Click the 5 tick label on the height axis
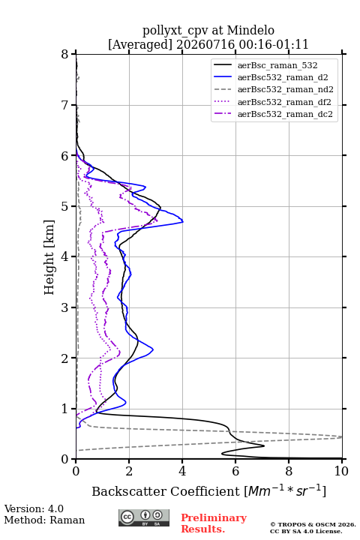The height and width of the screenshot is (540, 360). coord(64,206)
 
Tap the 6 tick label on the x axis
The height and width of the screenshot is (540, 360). coord(235,471)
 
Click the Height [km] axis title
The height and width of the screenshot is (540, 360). coord(49,257)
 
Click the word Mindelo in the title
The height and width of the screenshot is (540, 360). coord(250,31)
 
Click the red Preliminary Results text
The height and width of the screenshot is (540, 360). coord(214,523)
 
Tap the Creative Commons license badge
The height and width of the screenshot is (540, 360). coord(144,517)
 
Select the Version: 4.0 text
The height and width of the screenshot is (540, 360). coord(34,508)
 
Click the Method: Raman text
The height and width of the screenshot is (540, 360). coord(44,520)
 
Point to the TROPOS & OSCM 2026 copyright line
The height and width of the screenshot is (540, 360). coord(313,524)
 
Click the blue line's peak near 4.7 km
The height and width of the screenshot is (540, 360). coord(182,222)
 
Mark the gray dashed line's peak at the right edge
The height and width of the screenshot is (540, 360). coord(342,437)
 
